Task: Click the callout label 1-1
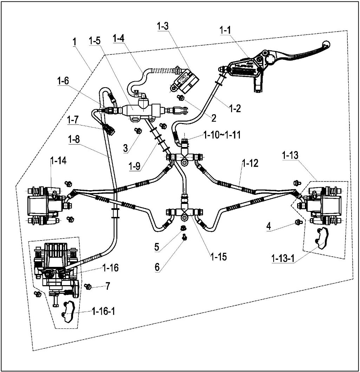tap(225, 31)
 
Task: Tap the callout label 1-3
tap(163, 27)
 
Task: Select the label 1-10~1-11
tap(222, 135)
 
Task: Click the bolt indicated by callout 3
tap(138, 131)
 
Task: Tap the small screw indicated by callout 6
tap(183, 239)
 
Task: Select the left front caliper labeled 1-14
tap(44, 205)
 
